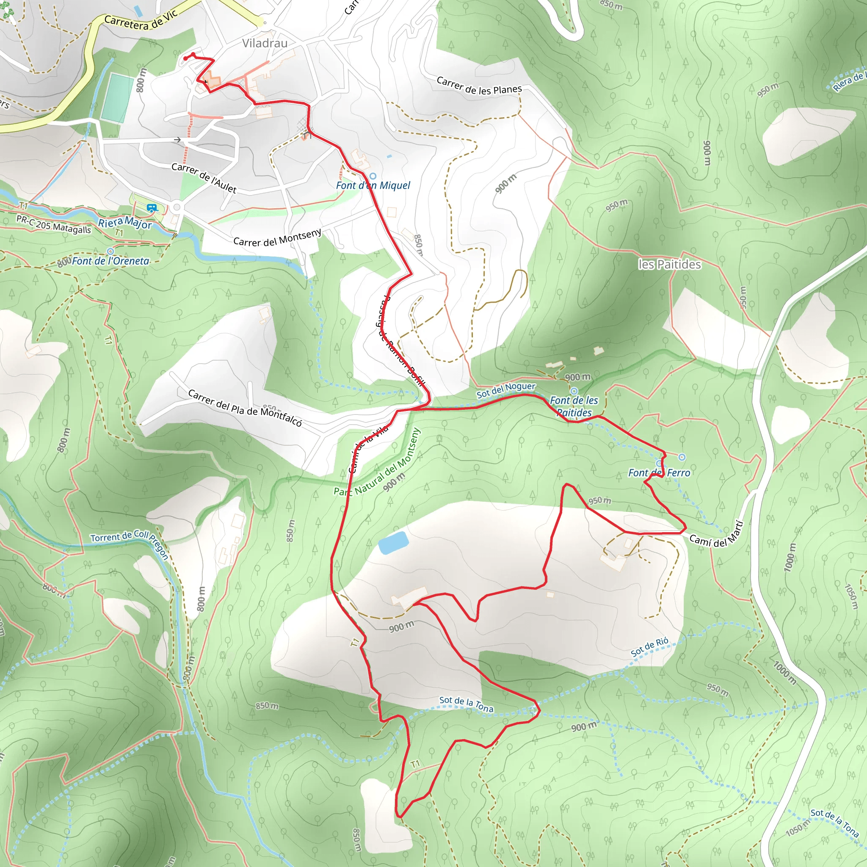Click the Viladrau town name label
(x=265, y=43)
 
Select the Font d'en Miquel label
(x=373, y=185)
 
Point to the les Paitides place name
(x=669, y=264)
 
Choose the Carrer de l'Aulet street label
(x=204, y=178)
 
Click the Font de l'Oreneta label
(x=110, y=261)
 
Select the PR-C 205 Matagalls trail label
(x=53, y=224)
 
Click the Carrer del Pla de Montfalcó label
(x=245, y=408)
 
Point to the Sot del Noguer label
(x=506, y=389)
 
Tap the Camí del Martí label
(x=716, y=536)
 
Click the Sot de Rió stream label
(x=649, y=647)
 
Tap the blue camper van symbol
(x=152, y=208)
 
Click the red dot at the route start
(x=185, y=58)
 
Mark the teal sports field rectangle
(x=118, y=97)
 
